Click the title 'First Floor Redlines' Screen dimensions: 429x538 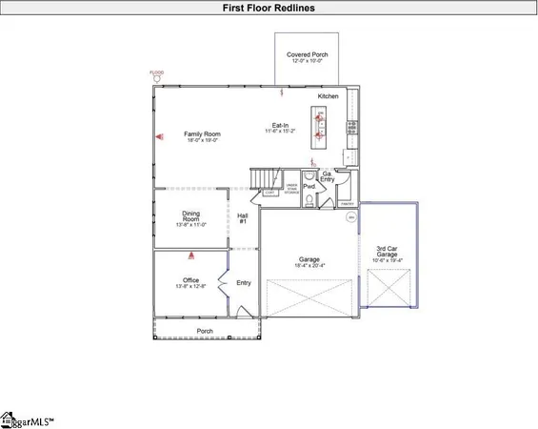[269, 8]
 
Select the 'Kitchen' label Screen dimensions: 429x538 [329, 96]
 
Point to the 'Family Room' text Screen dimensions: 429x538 [202, 134]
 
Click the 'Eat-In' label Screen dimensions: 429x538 [281, 125]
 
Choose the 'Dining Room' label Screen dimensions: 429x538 [189, 216]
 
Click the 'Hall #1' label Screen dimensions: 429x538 [242, 220]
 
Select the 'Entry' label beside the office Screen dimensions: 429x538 [244, 282]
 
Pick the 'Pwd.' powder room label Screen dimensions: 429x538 [309, 188]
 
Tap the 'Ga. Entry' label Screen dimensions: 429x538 [327, 175]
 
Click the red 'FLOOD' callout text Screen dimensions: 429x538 [157, 72]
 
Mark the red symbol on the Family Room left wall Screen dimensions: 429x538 [159, 135]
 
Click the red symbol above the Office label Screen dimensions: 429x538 [190, 255]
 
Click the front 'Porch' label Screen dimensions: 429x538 [205, 332]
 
